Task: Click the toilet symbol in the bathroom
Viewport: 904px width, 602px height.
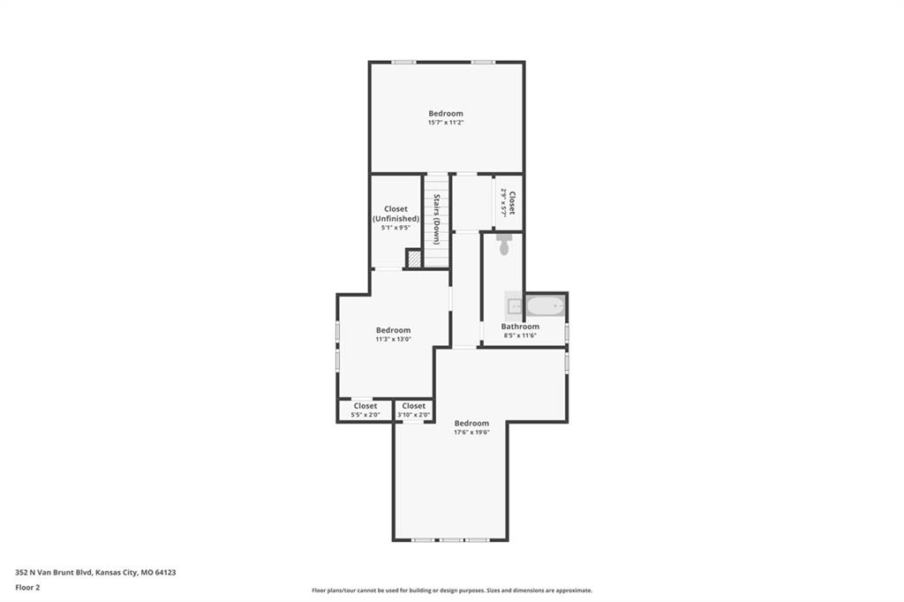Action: (504, 245)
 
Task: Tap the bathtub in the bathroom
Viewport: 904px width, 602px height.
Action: (546, 305)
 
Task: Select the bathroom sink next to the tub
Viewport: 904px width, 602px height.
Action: (515, 306)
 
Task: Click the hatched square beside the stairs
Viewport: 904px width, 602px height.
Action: (413, 259)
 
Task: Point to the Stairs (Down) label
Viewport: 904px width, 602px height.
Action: (437, 219)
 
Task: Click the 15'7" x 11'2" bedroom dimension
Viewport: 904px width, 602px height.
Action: (446, 123)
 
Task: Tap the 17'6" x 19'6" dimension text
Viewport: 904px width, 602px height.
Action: (471, 432)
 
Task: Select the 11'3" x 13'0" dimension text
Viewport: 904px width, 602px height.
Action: (393, 339)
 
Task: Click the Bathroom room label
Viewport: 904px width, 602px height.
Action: (520, 327)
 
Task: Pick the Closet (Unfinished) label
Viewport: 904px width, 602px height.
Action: (395, 214)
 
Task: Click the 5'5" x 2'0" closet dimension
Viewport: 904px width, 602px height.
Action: (365, 415)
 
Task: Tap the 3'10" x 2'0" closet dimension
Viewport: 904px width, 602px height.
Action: (414, 415)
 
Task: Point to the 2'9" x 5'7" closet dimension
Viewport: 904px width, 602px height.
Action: (503, 202)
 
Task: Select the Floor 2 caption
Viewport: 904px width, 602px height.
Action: (27, 588)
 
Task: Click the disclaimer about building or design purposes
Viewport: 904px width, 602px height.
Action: (452, 591)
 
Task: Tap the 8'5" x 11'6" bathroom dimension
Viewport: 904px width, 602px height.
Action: (520, 335)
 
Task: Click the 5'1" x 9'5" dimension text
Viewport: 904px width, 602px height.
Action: (395, 228)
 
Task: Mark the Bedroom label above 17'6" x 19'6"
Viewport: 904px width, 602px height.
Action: (471, 423)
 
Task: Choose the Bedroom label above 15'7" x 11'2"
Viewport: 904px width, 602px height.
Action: (446, 114)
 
